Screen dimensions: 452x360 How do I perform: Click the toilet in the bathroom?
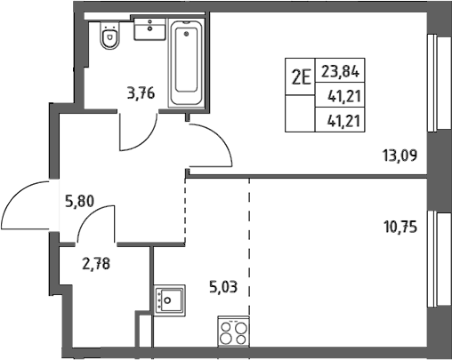click(110, 35)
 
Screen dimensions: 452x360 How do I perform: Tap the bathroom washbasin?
click(149, 28)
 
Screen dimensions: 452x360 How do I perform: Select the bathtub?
click(186, 62)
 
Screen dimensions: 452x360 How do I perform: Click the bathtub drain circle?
click(186, 34)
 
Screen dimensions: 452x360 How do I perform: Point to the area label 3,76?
click(141, 93)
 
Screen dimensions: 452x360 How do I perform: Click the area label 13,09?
click(400, 156)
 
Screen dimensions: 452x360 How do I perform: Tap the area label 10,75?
click(400, 228)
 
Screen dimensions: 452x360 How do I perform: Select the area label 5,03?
click(223, 287)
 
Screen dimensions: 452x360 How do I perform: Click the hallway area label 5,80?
click(80, 202)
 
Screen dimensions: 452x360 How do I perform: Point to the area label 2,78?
click(96, 263)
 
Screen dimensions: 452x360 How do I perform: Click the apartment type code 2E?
click(301, 76)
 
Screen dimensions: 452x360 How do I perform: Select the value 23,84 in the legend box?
click(341, 71)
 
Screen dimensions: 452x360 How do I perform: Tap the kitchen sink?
click(170, 300)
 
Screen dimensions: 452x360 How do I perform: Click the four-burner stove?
click(233, 332)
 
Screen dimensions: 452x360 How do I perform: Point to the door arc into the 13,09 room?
click(223, 139)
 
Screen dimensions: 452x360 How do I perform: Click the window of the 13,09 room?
click(439, 84)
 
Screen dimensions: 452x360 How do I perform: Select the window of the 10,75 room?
click(439, 260)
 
